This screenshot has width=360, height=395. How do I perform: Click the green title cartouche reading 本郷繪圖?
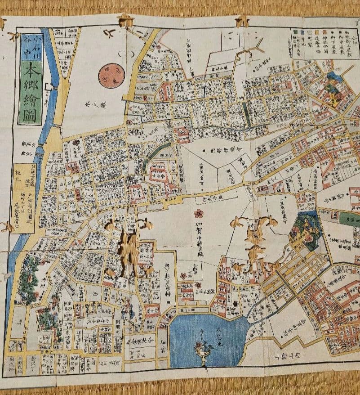tap(31, 92)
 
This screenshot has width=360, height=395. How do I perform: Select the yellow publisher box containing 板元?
tap(22, 198)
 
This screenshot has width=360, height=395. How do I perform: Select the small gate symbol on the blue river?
tap(53, 88)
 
